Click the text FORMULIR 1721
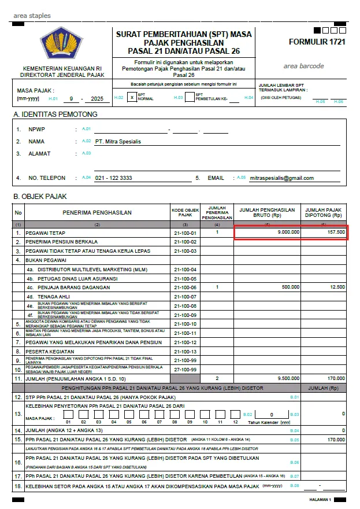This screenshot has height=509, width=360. [x=317, y=42]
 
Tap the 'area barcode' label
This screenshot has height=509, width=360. [x=303, y=66]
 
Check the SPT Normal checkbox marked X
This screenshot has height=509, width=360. [x=132, y=98]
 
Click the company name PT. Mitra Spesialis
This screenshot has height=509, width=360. [x=118, y=141]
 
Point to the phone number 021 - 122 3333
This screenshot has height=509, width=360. [x=113, y=178]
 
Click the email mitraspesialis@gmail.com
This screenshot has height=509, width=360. [x=281, y=178]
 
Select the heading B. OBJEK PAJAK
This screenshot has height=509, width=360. [x=40, y=197]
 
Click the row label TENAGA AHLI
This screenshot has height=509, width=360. [x=54, y=297]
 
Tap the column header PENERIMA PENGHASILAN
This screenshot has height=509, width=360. [x=97, y=212]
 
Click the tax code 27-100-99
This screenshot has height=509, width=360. [x=185, y=368]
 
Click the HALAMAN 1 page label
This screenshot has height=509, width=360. [x=320, y=499]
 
